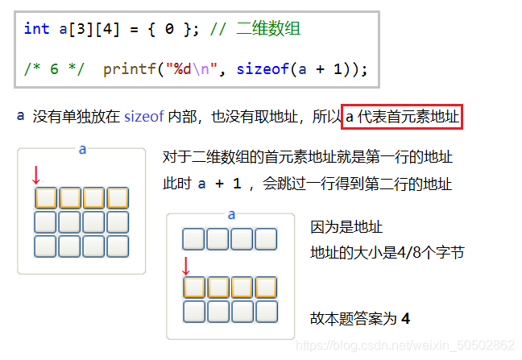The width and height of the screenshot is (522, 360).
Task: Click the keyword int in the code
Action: click(36, 29)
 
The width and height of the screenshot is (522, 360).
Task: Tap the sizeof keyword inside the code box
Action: click(258, 69)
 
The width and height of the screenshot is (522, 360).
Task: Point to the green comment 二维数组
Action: click(269, 29)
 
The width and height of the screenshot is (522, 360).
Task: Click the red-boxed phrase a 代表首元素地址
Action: click(402, 118)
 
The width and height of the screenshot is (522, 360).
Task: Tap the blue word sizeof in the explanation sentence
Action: click(143, 118)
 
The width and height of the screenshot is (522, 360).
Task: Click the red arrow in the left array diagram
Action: click(35, 174)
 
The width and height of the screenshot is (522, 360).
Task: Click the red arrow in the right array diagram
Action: click(186, 266)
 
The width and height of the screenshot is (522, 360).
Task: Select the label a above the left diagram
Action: click(82, 149)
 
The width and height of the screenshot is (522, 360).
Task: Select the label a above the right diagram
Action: click(231, 214)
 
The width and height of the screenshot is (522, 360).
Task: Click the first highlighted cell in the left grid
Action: click(46, 197)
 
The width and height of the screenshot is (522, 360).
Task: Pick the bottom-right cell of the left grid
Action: click(118, 246)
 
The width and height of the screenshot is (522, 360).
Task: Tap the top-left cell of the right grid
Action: click(193, 239)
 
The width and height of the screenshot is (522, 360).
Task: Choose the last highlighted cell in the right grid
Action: click(266, 288)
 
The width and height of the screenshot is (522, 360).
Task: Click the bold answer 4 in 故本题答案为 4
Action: click(406, 319)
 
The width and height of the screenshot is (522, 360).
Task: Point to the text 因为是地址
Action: click(346, 227)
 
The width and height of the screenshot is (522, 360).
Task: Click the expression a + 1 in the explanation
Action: click(213, 184)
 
